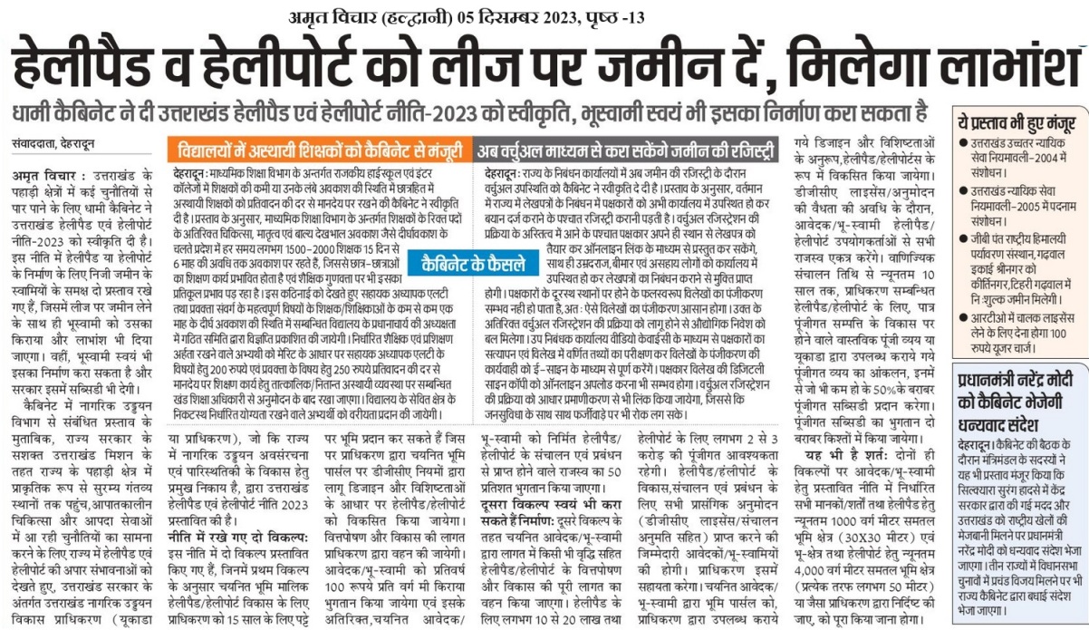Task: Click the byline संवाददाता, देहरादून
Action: [x=53, y=145]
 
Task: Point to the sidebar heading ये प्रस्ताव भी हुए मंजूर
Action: [x=1018, y=121]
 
